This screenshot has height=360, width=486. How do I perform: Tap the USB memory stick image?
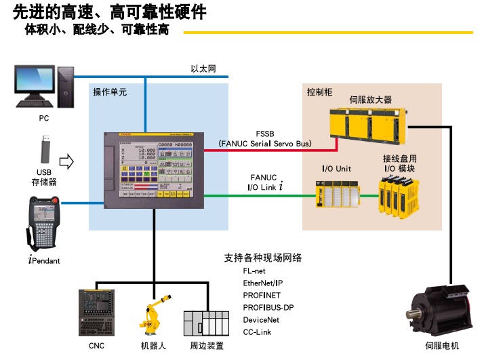tap(44, 149)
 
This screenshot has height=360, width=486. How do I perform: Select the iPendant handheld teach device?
tap(44, 224)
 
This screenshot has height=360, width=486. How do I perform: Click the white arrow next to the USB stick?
tap(66, 161)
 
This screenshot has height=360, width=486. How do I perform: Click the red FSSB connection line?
tap(264, 150)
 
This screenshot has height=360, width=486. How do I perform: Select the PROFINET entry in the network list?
tap(262, 295)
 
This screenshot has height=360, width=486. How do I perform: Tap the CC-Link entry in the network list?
tap(258, 332)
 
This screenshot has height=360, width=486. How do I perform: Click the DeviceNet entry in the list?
tap(261, 319)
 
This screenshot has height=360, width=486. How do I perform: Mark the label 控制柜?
tap(319, 91)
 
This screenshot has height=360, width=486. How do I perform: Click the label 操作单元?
tap(110, 91)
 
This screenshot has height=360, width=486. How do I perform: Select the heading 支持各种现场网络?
tap(263, 258)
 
